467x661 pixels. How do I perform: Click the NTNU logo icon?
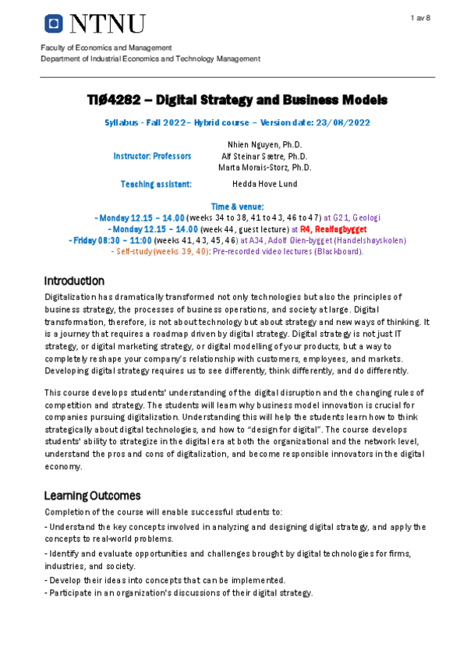point(54,25)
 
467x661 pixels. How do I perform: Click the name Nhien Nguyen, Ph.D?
point(265,145)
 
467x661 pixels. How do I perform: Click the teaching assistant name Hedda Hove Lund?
point(265,184)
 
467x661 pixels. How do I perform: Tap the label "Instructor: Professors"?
point(152,156)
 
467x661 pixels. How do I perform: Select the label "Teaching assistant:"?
point(156,184)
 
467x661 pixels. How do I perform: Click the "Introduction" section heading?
point(74,281)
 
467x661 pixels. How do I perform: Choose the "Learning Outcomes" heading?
point(92,496)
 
